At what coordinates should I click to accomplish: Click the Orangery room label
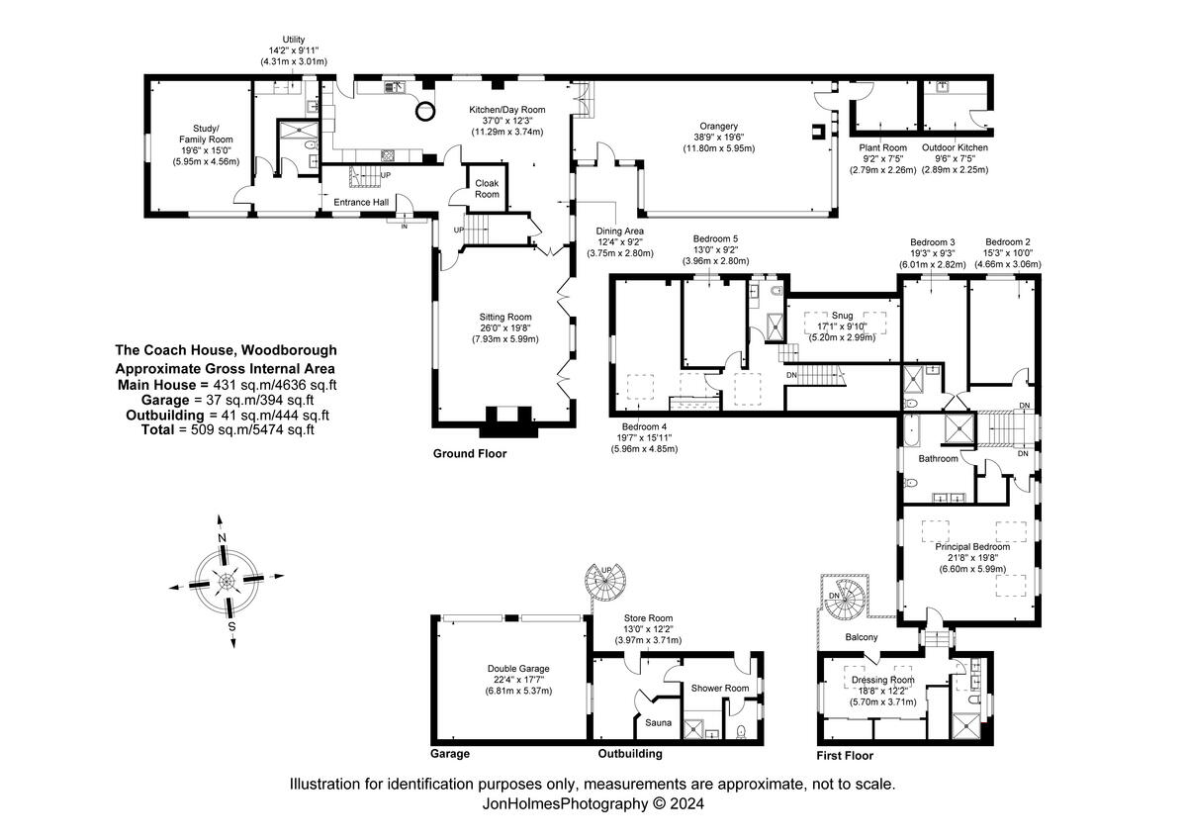[x=719, y=127]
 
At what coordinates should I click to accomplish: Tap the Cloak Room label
[x=487, y=189]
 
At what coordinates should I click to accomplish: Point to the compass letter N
[x=222, y=537]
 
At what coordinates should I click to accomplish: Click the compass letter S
[x=231, y=625]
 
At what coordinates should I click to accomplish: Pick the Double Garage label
[x=518, y=669]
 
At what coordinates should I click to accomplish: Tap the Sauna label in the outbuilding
[x=658, y=723]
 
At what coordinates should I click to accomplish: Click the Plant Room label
[x=882, y=148]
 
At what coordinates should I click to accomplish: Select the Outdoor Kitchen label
[x=955, y=148]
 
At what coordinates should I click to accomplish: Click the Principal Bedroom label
[x=972, y=547]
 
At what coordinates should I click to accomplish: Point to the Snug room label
[x=844, y=317]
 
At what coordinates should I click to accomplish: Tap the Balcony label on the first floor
[x=861, y=637]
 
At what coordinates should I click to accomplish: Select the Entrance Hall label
[x=360, y=203]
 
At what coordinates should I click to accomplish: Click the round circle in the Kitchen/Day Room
[x=425, y=110]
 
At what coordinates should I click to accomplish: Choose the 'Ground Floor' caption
[x=470, y=454]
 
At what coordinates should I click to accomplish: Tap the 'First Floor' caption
[x=846, y=755]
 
